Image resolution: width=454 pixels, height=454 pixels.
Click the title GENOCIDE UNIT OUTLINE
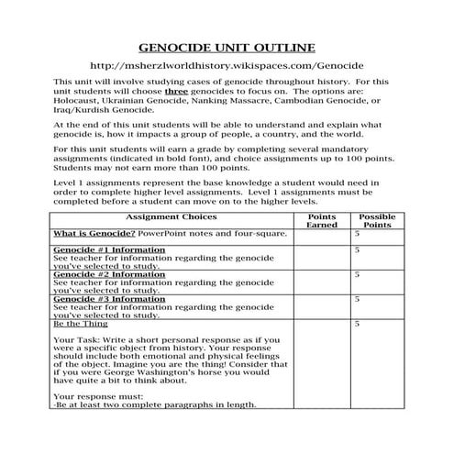(226, 47)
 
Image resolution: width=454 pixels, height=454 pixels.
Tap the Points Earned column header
(322, 221)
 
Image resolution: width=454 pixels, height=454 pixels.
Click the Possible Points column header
(377, 221)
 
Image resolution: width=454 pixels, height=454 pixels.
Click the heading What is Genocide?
(91, 234)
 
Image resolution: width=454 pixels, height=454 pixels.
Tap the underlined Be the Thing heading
(81, 324)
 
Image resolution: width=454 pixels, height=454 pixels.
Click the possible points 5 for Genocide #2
(357, 274)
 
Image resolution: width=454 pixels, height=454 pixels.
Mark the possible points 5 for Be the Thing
(357, 324)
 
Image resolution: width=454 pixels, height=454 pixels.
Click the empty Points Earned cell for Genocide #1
(322, 259)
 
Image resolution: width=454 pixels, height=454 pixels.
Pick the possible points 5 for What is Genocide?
(357, 234)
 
